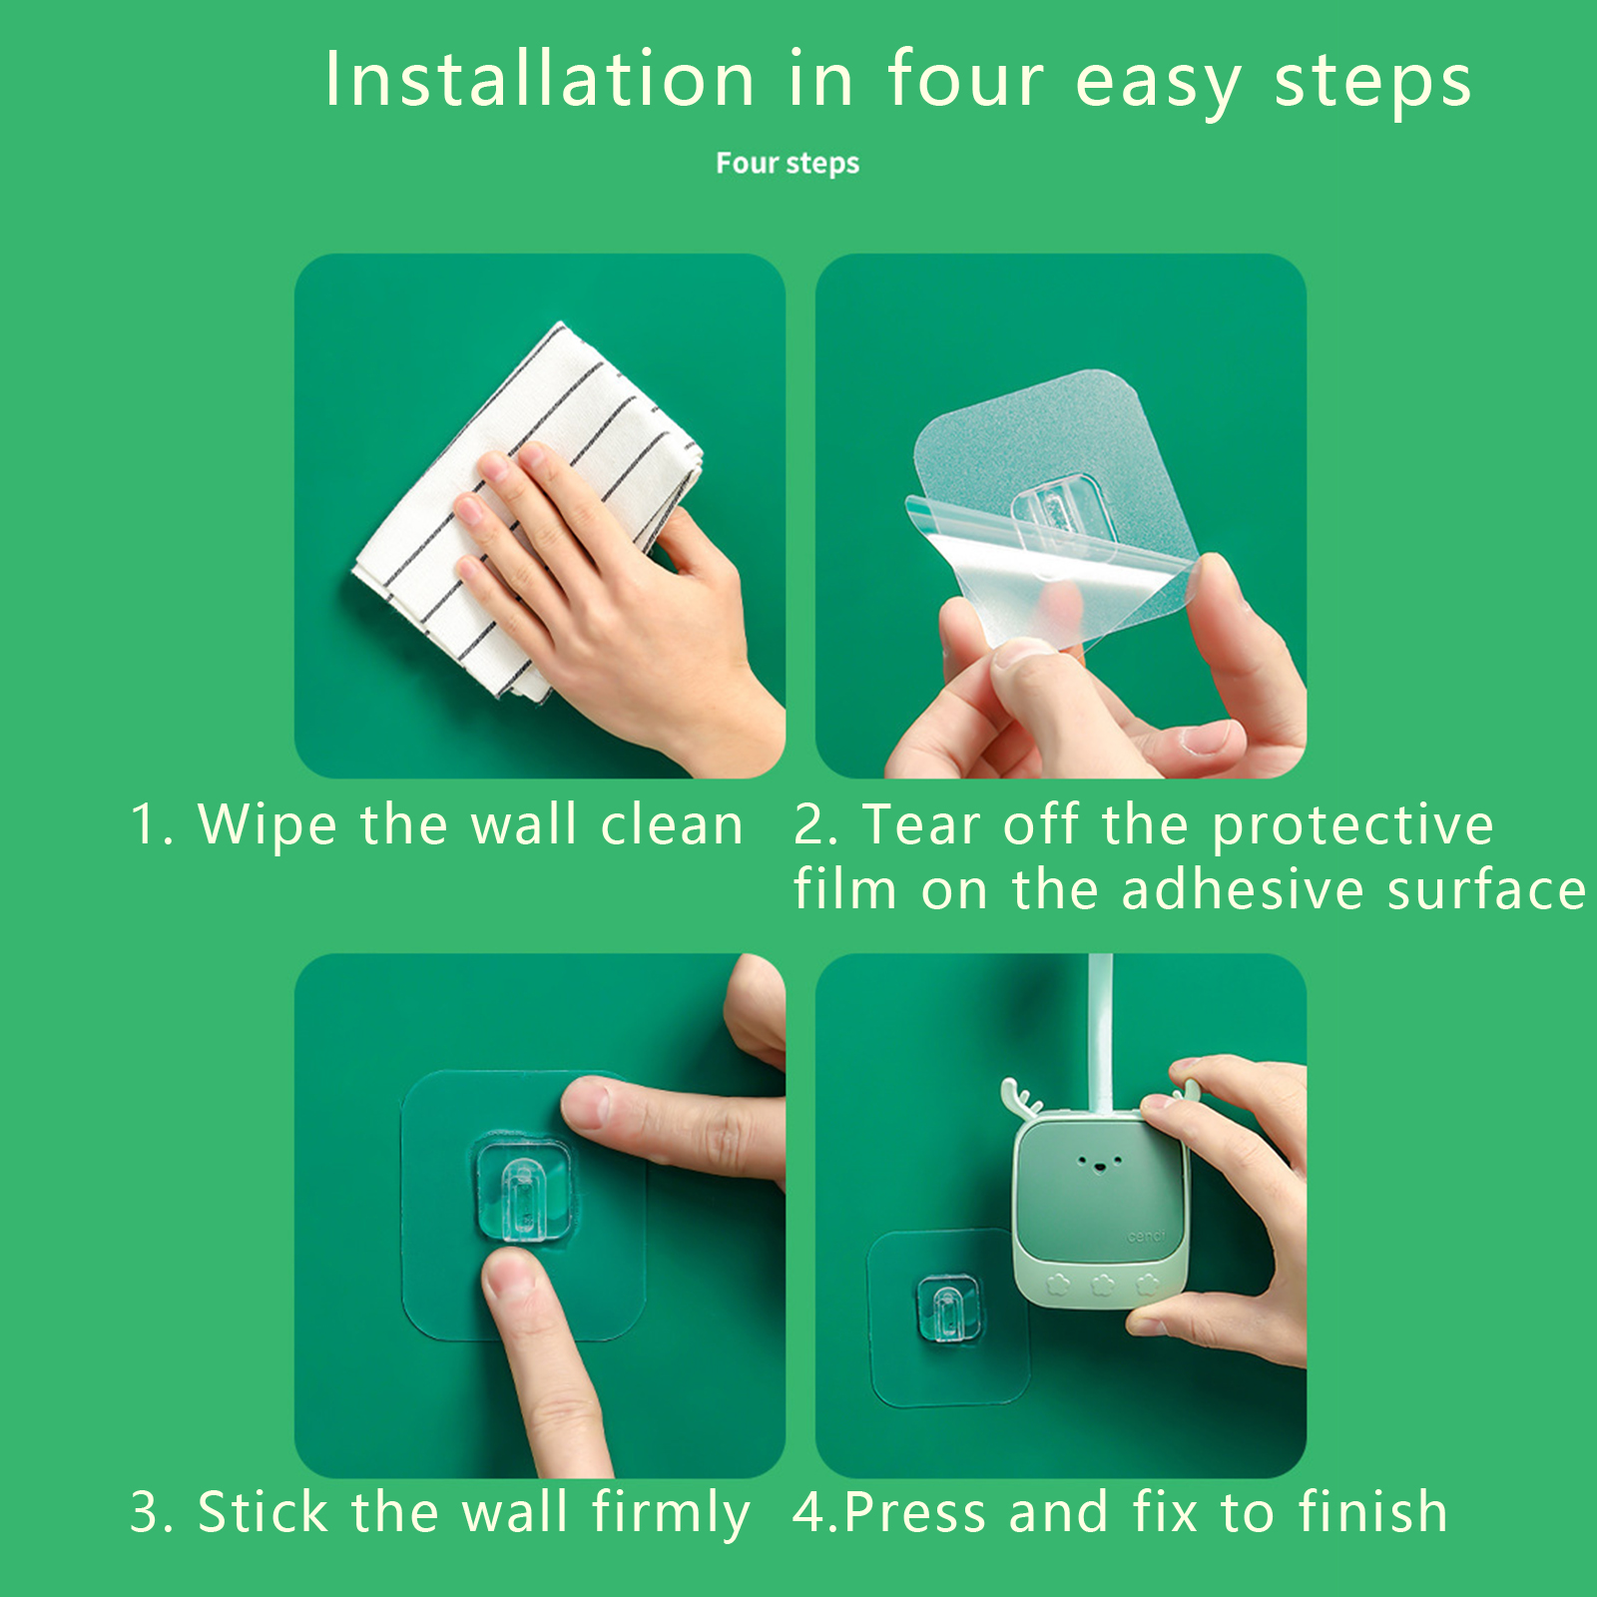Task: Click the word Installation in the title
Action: click(x=540, y=79)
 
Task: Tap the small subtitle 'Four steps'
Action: click(x=788, y=163)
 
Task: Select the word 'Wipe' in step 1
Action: click(x=267, y=825)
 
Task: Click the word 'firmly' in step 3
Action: click(x=670, y=1513)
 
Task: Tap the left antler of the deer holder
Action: click(x=1020, y=1095)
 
